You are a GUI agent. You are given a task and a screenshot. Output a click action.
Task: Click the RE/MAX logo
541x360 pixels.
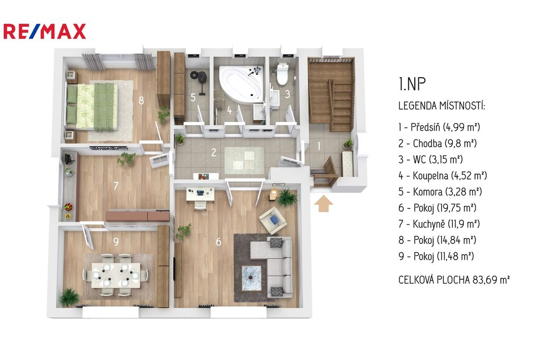[44, 31]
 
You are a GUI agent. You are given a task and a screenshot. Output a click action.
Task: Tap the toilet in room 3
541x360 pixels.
[282, 73]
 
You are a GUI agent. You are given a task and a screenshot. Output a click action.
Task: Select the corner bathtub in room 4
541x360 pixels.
[242, 84]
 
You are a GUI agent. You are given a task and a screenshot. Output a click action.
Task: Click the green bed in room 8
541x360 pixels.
[92, 107]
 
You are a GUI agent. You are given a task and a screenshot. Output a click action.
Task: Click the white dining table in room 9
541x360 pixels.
[116, 275]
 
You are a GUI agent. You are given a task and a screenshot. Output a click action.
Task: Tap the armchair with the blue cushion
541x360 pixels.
[273, 220]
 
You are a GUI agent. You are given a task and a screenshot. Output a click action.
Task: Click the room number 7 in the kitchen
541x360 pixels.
[116, 186]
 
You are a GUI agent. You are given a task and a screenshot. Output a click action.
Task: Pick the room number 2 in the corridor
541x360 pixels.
[213, 153]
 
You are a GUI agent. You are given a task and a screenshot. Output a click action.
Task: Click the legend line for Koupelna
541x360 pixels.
[443, 176]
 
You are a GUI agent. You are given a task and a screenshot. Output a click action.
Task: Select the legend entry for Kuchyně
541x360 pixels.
[439, 224]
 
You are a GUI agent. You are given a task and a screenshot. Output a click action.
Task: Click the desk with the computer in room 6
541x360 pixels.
[200, 194]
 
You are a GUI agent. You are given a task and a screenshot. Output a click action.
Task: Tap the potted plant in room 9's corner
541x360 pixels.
[70, 297]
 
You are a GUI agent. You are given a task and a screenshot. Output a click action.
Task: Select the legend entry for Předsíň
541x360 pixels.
[439, 127]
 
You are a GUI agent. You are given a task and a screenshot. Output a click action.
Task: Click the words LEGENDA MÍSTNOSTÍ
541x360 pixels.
[442, 106]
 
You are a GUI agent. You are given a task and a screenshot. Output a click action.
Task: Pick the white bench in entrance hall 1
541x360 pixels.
[348, 164]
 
